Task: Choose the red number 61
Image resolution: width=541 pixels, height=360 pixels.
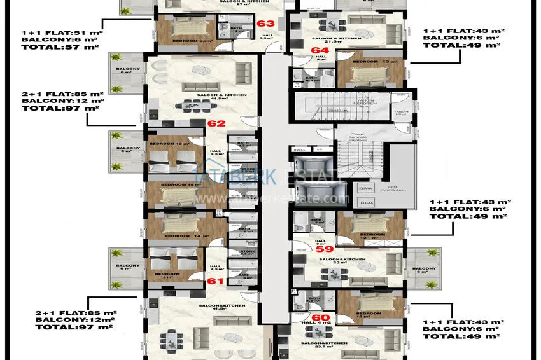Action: [215, 280]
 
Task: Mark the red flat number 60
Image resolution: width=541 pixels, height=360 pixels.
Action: [320, 317]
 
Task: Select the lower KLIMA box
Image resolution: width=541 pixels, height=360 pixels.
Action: [367, 202]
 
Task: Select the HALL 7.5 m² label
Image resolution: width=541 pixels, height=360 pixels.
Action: [267, 37]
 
